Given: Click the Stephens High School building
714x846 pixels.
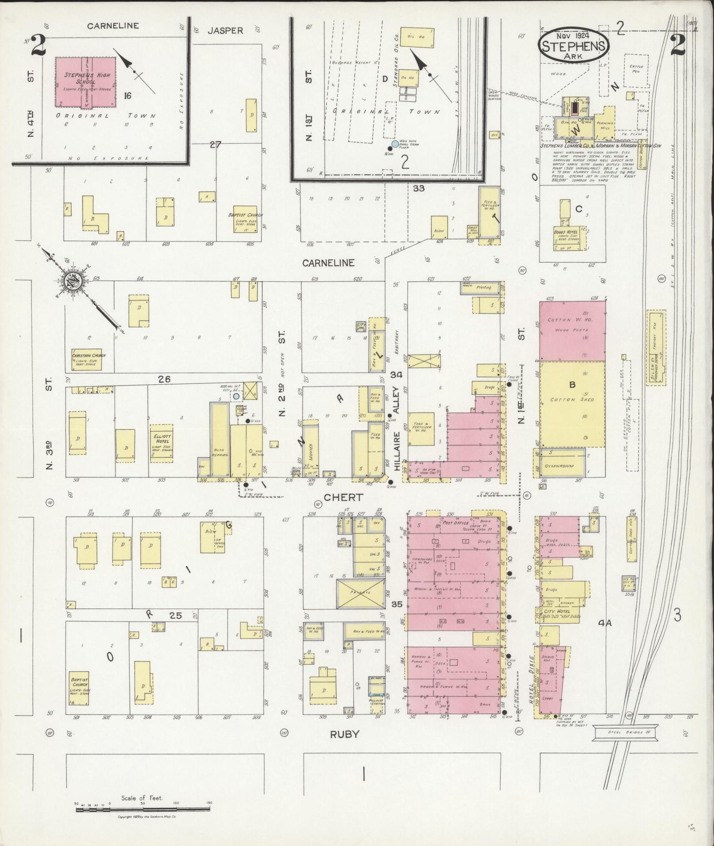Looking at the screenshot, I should [85, 82].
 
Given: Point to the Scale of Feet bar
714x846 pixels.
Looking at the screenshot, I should [142, 809].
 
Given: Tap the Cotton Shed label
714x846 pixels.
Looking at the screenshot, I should [572, 399].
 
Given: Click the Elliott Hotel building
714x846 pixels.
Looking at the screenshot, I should [162, 444].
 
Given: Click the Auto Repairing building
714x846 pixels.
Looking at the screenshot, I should [220, 440].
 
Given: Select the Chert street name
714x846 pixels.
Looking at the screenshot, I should [343, 498].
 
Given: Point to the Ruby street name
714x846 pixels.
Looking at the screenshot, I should [345, 735].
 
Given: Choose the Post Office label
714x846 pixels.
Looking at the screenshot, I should [455, 523].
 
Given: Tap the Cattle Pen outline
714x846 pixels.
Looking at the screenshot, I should [636, 70].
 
